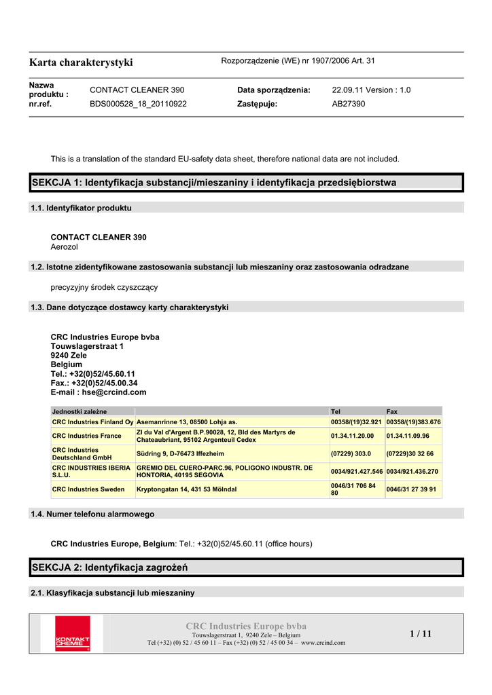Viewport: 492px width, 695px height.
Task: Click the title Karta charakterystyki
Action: pyautogui.click(x=81, y=62)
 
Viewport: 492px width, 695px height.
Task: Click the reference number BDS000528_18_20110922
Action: pyautogui.click(x=138, y=104)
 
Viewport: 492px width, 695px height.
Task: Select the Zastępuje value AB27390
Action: pyautogui.click(x=348, y=104)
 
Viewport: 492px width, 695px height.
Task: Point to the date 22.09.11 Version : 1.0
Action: pyautogui.click(x=371, y=90)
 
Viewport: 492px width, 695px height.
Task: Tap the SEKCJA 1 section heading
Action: pyautogui.click(x=214, y=183)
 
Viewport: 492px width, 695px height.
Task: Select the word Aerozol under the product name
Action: pyautogui.click(x=65, y=247)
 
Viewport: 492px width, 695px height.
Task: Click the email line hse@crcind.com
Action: pyautogui.click(x=99, y=392)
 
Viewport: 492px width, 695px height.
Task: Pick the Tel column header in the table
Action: pyautogui.click(x=335, y=411)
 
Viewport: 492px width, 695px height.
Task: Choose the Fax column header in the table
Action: pyautogui.click(x=392, y=411)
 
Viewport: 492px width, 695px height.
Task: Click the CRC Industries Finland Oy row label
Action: pyautogui.click(x=92, y=422)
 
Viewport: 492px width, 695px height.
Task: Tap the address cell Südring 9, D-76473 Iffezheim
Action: pyautogui.click(x=180, y=453)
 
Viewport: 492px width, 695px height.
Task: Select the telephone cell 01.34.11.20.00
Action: pyautogui.click(x=352, y=436)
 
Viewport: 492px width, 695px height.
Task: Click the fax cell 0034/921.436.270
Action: pyautogui.click(x=412, y=471)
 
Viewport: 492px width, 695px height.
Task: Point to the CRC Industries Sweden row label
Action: pyautogui.click(x=88, y=489)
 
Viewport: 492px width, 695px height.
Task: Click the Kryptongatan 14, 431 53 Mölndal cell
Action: pyautogui.click(x=187, y=489)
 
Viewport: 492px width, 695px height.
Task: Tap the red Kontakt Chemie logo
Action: pyautogui.click(x=72, y=633)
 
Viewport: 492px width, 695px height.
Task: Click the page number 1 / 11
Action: pyautogui.click(x=421, y=634)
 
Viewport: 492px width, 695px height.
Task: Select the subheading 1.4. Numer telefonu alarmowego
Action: pyautogui.click(x=92, y=514)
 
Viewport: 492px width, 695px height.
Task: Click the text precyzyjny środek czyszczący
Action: pyautogui.click(x=104, y=287)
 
